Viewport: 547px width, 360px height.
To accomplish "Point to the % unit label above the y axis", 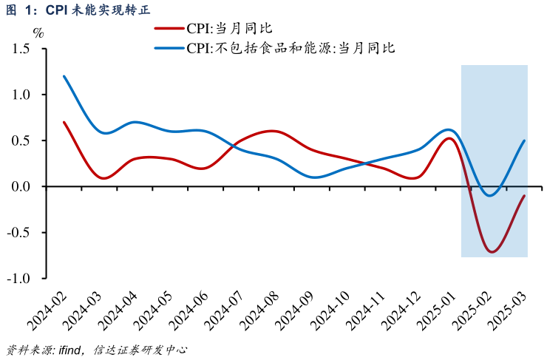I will coord(38,33).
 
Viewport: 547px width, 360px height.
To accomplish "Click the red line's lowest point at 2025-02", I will coord(491,252).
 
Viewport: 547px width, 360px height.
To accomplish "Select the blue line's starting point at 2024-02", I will coord(64,76).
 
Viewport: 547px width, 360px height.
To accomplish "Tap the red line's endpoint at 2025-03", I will coord(525,196).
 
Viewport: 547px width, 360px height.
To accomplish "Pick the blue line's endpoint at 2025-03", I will coord(525,140).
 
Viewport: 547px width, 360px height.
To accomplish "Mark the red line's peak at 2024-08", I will coord(273,132).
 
